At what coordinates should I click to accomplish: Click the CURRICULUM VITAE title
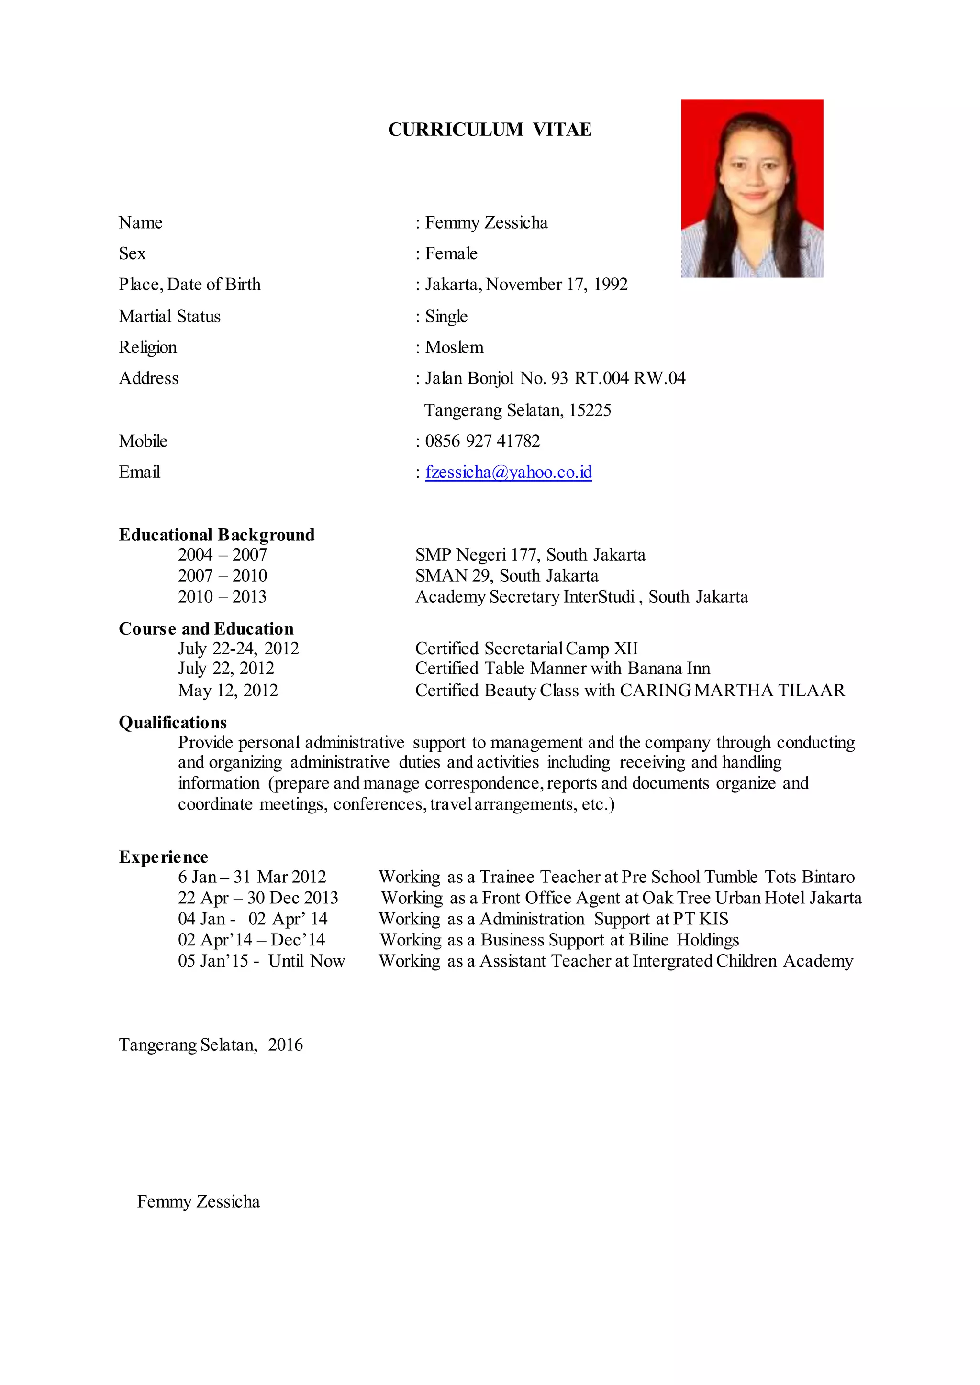click(x=490, y=130)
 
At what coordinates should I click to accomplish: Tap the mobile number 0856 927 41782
click(x=482, y=441)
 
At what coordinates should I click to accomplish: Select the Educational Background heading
click(x=217, y=535)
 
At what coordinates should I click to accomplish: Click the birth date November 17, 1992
click(x=557, y=284)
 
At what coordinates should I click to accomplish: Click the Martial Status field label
click(x=169, y=316)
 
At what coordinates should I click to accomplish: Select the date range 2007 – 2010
click(x=222, y=575)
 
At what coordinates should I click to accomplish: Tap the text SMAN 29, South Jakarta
click(x=506, y=575)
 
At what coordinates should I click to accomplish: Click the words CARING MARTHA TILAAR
click(x=732, y=690)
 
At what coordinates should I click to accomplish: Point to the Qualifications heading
click(x=173, y=723)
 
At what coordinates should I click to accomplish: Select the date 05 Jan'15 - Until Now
click(x=261, y=961)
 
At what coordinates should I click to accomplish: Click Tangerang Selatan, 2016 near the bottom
click(x=211, y=1045)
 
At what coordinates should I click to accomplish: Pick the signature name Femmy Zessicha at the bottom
click(x=198, y=1202)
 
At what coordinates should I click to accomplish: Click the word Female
click(x=451, y=253)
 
